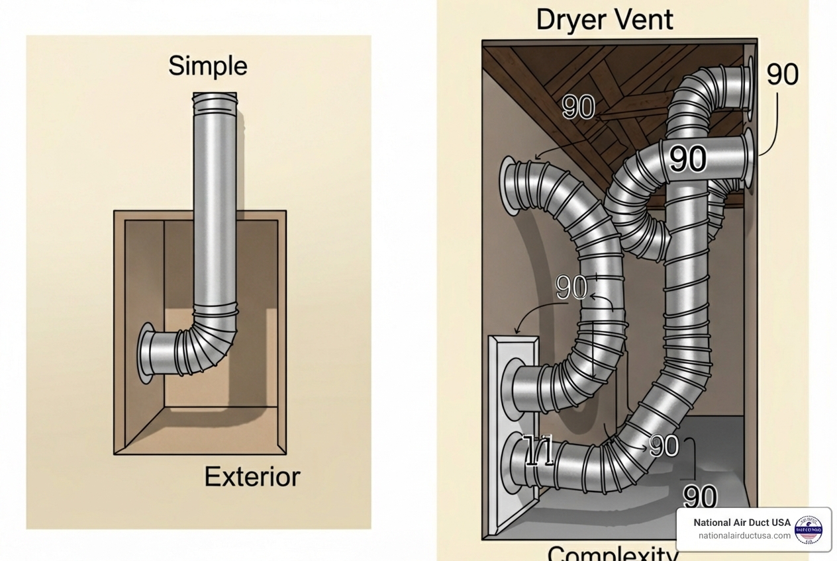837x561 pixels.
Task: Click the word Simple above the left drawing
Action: click(207, 66)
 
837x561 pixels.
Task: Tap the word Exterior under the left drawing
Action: click(252, 476)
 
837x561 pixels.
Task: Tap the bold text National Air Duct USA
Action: click(742, 522)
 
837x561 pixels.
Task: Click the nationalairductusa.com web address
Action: click(744, 536)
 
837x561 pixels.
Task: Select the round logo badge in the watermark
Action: click(809, 530)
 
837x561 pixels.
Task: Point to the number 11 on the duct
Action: click(538, 452)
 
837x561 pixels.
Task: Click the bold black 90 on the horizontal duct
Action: click(687, 159)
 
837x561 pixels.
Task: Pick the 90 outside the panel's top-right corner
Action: click(782, 74)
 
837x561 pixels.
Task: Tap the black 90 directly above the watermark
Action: click(699, 496)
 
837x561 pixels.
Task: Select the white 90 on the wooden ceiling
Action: click(578, 107)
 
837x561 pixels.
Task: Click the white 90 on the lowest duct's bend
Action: click(664, 446)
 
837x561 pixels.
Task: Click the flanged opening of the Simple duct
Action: click(145, 353)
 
